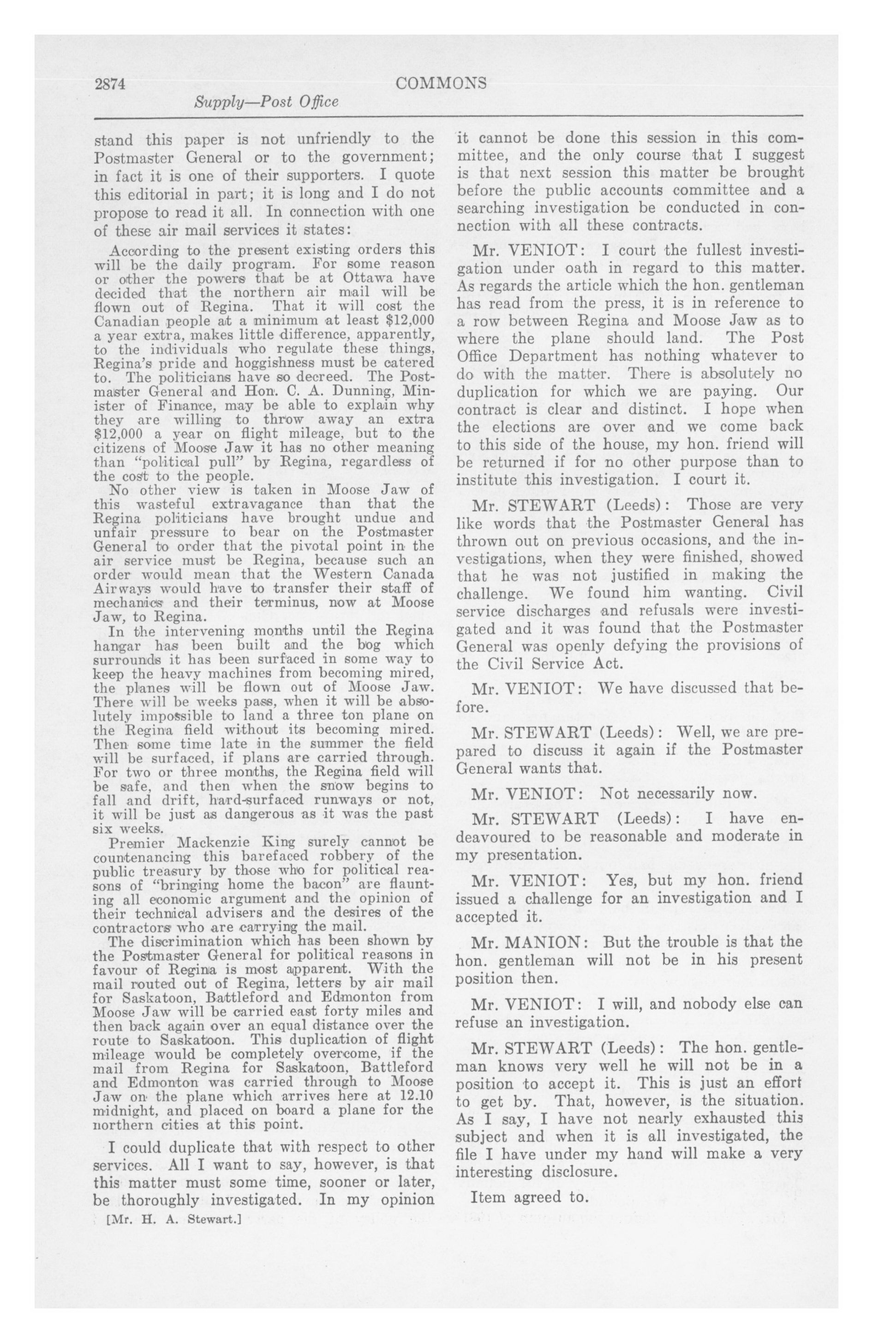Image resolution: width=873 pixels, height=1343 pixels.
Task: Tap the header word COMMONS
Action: [441, 84]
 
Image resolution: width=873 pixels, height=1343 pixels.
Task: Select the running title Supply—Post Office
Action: [266, 102]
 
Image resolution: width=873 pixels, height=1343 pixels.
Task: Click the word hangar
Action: [114, 645]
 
